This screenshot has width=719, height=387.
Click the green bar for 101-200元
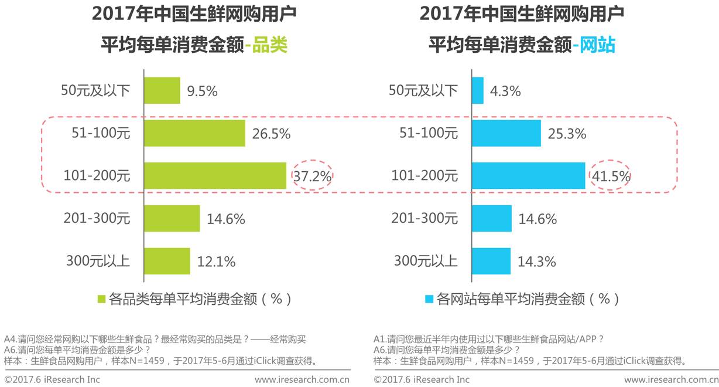point(215,176)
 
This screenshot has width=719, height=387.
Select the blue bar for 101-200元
point(528,176)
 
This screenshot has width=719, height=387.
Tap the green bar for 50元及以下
point(162,91)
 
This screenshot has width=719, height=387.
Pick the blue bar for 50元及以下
point(478,91)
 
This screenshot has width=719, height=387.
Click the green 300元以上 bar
point(167,261)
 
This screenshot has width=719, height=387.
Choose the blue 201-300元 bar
point(492,219)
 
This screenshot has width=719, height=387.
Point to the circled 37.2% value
point(312,176)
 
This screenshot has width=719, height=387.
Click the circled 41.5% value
point(610,176)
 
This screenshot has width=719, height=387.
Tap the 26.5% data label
point(271,134)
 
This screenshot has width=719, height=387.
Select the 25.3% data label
point(567,134)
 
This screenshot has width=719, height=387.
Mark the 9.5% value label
point(202,91)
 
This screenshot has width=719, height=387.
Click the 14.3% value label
point(536,262)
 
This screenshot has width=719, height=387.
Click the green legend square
point(101,299)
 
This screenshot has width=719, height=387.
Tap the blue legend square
point(429,299)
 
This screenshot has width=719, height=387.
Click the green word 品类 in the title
point(270,45)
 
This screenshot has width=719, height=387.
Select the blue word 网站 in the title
point(598,45)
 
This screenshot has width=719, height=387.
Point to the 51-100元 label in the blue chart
point(429,133)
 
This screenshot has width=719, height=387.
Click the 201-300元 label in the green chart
point(97,219)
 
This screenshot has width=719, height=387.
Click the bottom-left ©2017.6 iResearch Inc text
point(52,379)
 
